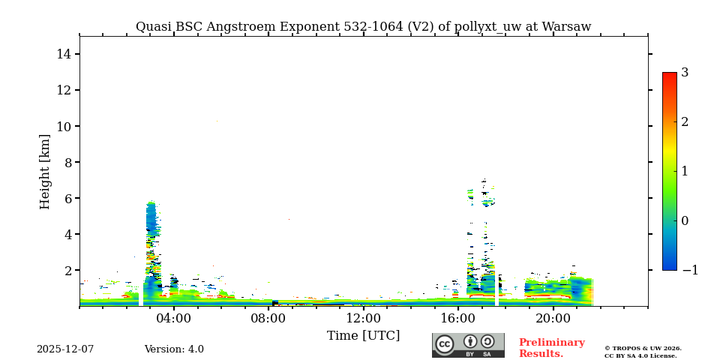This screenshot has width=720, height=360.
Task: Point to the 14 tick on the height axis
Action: coord(64,54)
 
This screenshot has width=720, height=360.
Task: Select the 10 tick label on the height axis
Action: coord(64,126)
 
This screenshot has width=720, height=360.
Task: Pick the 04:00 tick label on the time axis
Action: coord(174,318)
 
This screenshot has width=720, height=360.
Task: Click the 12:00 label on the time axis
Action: coord(364,318)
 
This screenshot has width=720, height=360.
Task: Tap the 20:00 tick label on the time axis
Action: coord(553,318)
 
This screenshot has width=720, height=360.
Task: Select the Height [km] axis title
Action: coord(45,171)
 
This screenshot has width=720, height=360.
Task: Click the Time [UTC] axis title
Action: coord(364,335)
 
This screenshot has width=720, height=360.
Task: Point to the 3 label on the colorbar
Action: coord(685,73)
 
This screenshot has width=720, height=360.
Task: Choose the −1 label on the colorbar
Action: coord(689,270)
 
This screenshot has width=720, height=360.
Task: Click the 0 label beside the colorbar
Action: coord(685,220)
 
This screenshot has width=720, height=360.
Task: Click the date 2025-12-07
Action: coord(65,349)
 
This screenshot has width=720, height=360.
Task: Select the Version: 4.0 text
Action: coord(174,349)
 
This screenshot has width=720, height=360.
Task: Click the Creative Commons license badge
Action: coord(468,345)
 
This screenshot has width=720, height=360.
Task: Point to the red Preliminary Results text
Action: coord(551,348)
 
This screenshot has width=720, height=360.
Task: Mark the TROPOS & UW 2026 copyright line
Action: coord(643,348)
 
